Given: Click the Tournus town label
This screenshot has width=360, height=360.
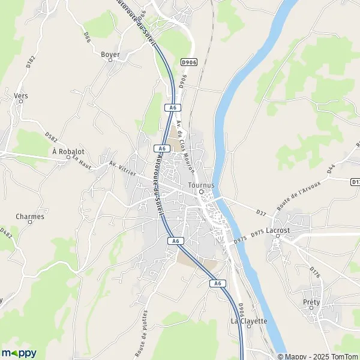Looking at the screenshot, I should tap(201, 185).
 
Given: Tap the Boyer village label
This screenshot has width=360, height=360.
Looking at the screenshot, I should tap(110, 55).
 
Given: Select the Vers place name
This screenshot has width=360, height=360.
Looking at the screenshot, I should tap(21, 95).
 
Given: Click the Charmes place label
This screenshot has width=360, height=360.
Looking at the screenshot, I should tap(30, 216).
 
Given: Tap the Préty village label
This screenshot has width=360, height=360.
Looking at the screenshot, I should tap(311, 302).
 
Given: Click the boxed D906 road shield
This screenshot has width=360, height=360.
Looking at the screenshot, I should tap(188, 62).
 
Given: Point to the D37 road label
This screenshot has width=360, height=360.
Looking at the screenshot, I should tap(260, 211).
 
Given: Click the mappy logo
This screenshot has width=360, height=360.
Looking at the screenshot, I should tap(19, 353).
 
